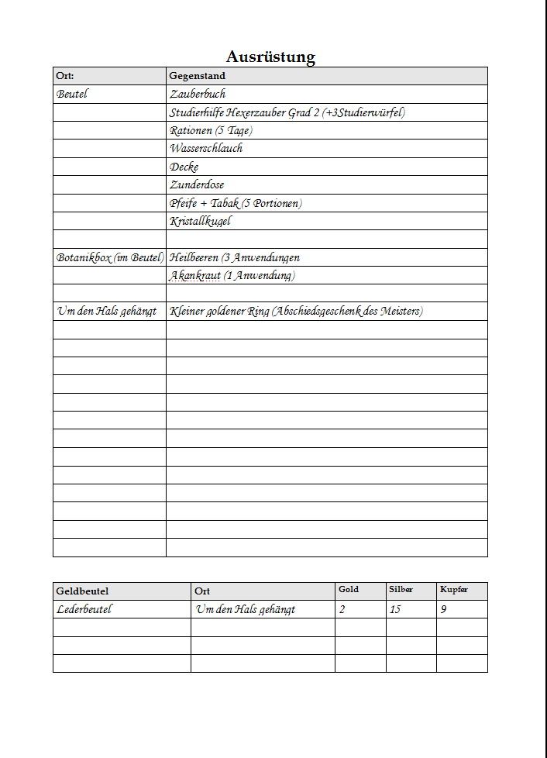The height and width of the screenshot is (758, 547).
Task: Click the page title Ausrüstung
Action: pyautogui.click(x=270, y=57)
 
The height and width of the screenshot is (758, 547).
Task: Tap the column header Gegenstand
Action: pyautogui.click(x=197, y=76)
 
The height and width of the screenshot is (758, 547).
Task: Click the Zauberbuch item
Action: pyautogui.click(x=198, y=94)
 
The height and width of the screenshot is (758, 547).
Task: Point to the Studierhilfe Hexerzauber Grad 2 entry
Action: pyautogui.click(x=287, y=112)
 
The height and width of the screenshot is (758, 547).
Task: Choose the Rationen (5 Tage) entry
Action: pyautogui.click(x=211, y=130)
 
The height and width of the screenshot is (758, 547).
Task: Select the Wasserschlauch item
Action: pyautogui.click(x=206, y=148)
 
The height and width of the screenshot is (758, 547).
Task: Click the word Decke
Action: pyautogui.click(x=184, y=167)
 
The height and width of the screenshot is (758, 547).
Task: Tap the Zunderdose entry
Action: pyautogui.click(x=197, y=184)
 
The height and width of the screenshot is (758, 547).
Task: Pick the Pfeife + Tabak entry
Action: pyautogui.click(x=236, y=203)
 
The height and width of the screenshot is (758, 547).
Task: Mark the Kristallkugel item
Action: pyautogui.click(x=200, y=221)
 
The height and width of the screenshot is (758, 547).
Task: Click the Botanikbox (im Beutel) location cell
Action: pyautogui.click(x=109, y=257)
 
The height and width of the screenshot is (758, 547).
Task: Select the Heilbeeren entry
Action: pyautogui.click(x=234, y=257)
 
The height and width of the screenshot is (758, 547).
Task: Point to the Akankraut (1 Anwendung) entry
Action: pyautogui.click(x=232, y=275)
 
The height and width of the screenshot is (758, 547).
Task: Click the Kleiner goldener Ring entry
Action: pyautogui.click(x=296, y=312)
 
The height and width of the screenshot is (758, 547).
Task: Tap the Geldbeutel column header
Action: pyautogui.click(x=82, y=591)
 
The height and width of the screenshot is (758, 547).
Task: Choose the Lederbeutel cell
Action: pyautogui.click(x=84, y=609)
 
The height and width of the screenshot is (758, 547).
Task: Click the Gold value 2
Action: pyautogui.click(x=342, y=609)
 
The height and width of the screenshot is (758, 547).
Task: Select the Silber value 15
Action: pyautogui.click(x=395, y=609)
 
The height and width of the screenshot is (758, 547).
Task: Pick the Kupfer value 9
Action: pyautogui.click(x=443, y=609)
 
